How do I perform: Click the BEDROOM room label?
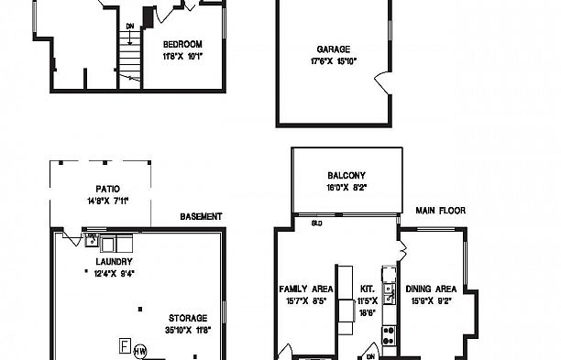pos(182,44)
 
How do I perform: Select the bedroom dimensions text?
pos(182,56)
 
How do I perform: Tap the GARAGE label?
pos(333,49)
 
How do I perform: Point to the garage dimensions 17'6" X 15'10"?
pos(333,61)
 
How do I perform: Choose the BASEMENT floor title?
pos(201,217)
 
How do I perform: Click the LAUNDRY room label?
pos(114,261)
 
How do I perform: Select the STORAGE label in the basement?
pos(186,318)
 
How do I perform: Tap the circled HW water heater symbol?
pos(140,350)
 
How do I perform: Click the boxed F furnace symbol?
pos(122,345)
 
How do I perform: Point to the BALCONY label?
pos(346,176)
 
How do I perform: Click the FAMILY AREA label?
pos(305,289)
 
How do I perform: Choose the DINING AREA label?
pos(430,289)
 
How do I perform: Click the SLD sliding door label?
pos(316,223)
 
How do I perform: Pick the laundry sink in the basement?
pos(92,242)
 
